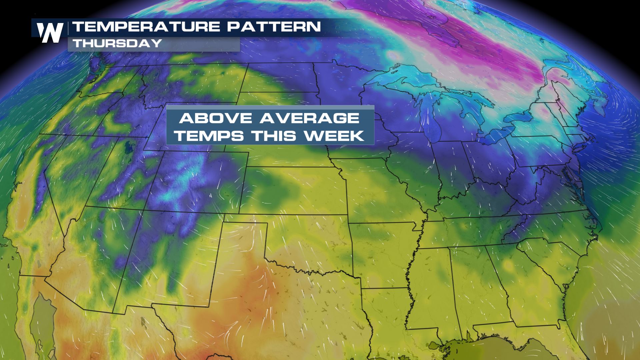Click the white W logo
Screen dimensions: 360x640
[50, 33]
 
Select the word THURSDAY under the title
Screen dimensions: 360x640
[117, 43]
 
